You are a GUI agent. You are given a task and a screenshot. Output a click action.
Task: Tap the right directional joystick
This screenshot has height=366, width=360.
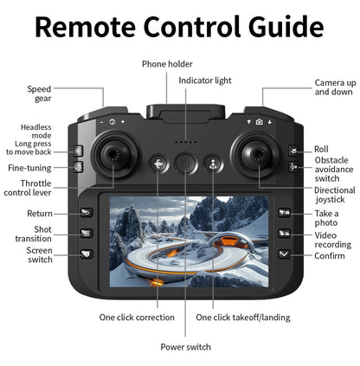pyautogui.click(x=257, y=155)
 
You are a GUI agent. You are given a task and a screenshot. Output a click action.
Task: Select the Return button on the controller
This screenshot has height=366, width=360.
pyautogui.click(x=86, y=213)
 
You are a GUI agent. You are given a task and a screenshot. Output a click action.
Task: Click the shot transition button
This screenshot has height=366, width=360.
pyautogui.click(x=86, y=234)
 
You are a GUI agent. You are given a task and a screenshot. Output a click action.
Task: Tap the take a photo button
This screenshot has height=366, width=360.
pyautogui.click(x=284, y=213)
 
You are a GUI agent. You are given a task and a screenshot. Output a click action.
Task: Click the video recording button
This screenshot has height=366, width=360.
pyautogui.click(x=284, y=234)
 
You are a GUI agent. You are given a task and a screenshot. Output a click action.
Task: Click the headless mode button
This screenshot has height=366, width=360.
pyautogui.click(x=78, y=151)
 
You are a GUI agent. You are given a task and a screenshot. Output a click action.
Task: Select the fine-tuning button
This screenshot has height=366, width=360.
pyautogui.click(x=78, y=166)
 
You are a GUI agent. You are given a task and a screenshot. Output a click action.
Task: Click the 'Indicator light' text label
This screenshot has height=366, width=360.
pyautogui.click(x=205, y=80)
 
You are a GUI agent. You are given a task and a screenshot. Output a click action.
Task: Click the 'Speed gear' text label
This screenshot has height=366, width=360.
pyautogui.click(x=39, y=93)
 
